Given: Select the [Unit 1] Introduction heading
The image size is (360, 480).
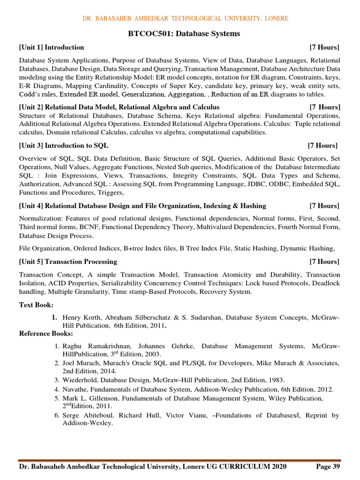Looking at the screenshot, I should [x=52, y=47].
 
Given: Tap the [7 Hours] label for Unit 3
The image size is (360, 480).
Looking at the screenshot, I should [x=322, y=145].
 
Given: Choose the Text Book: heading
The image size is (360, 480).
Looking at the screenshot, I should [x=36, y=305].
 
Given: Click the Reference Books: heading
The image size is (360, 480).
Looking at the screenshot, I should [x=46, y=333].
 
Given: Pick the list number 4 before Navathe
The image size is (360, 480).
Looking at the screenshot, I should [x=57, y=389].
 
